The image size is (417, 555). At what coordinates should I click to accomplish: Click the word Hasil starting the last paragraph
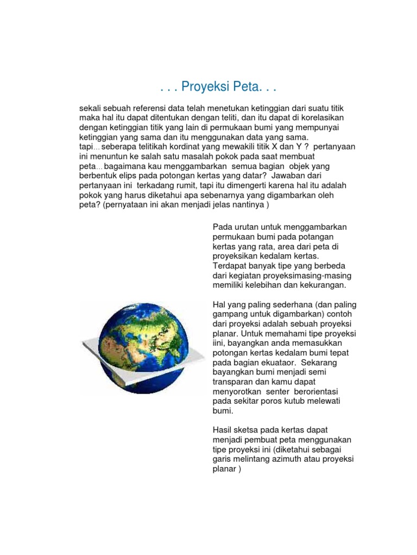(223, 430)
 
